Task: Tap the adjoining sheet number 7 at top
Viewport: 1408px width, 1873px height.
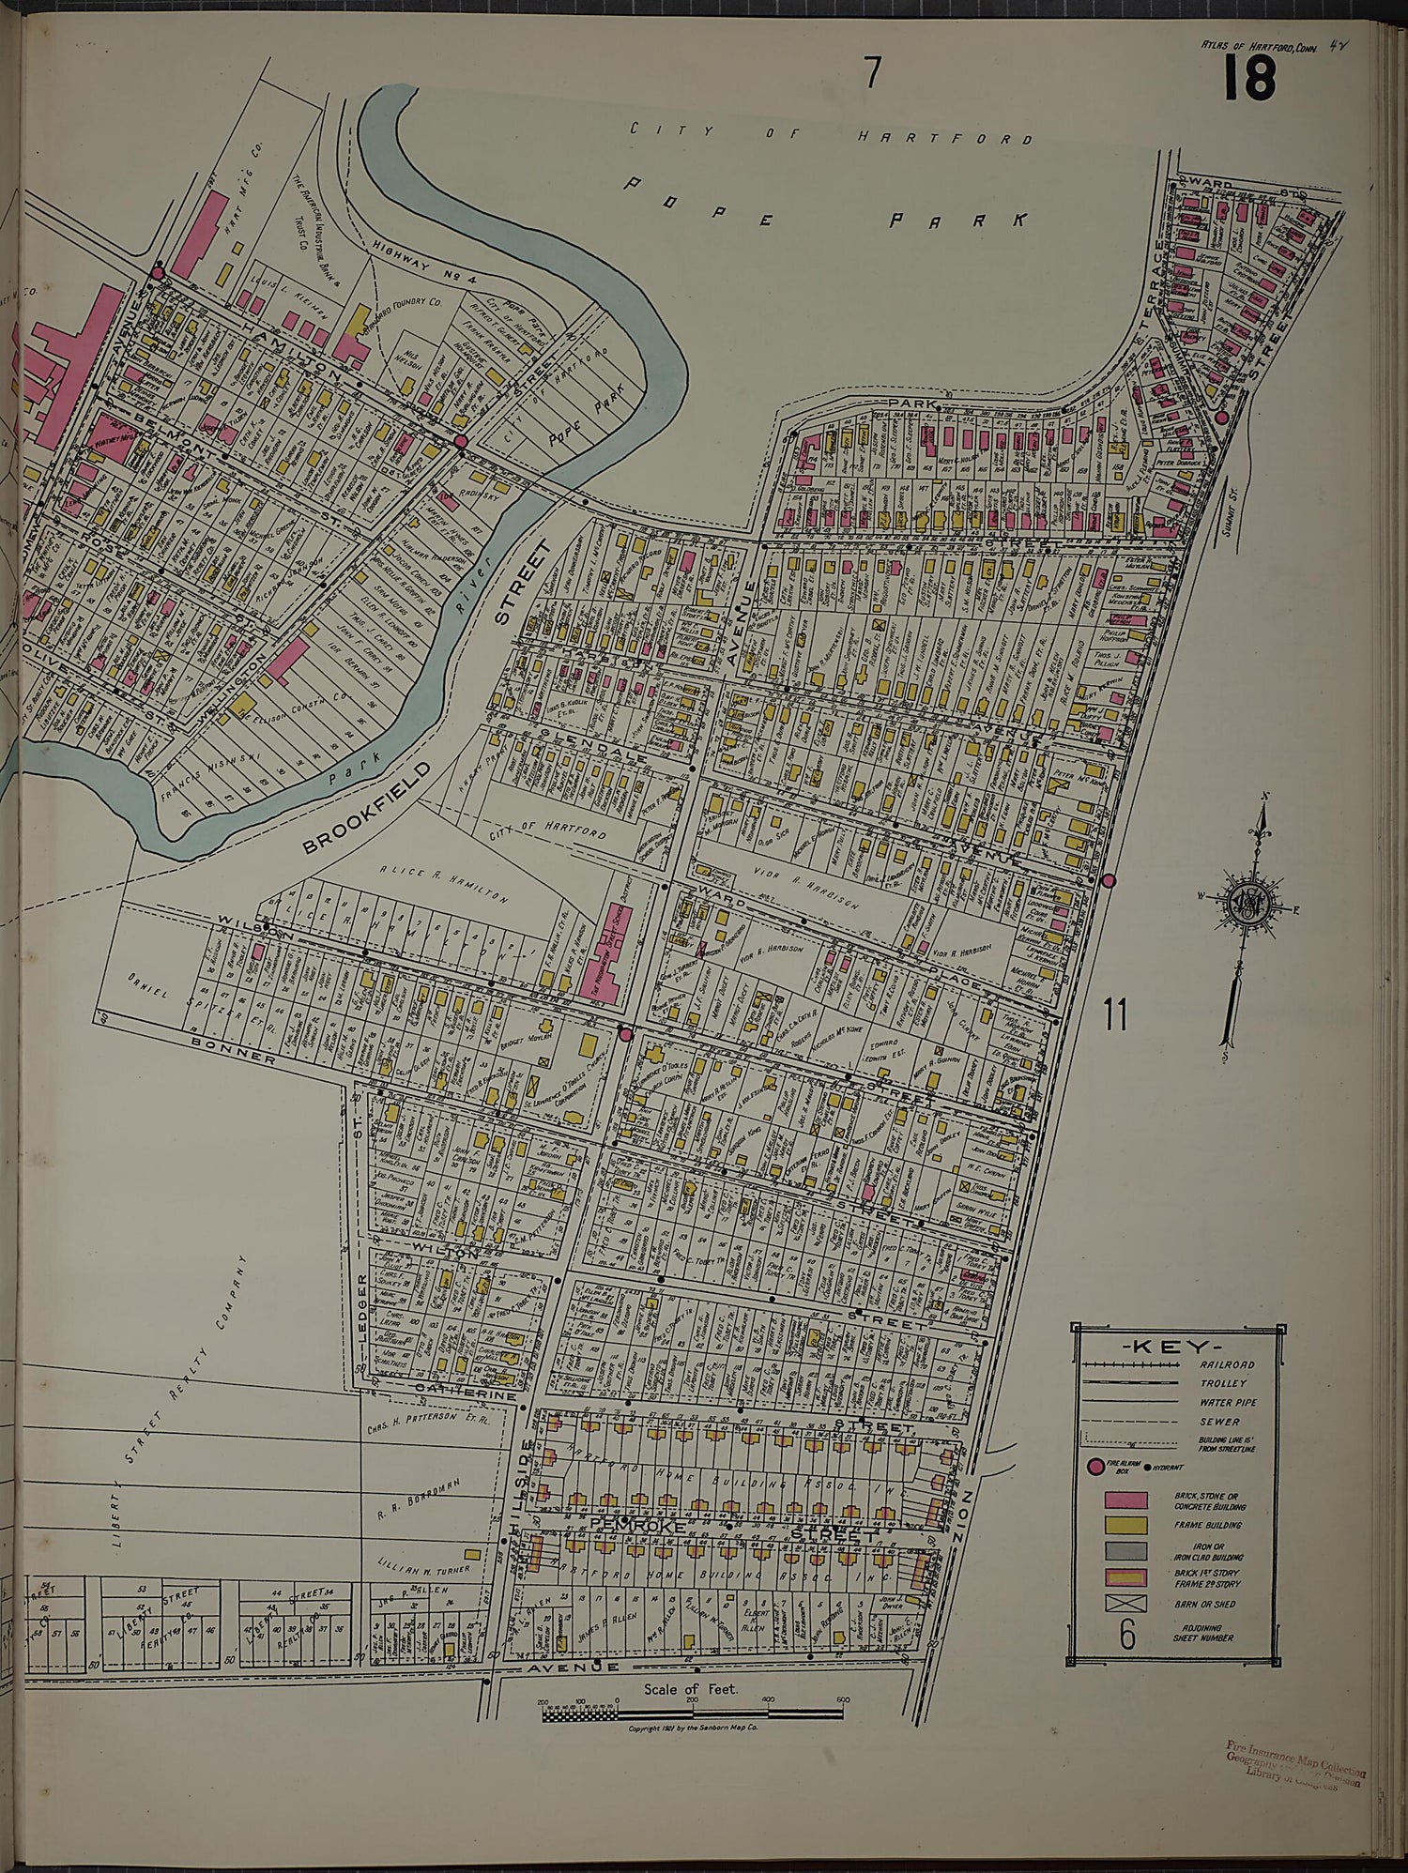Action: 873,72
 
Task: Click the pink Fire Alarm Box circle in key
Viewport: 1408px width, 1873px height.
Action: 1094,1469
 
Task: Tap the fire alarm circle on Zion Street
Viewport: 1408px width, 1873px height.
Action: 1108,880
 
